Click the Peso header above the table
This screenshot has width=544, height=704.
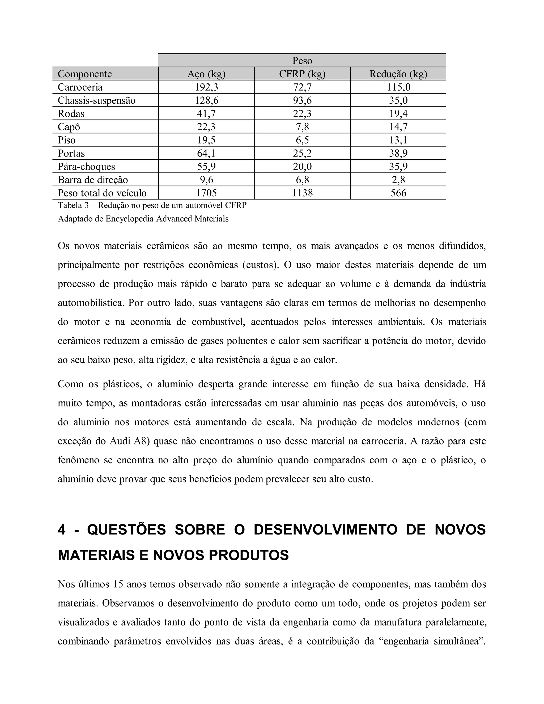[x=302, y=61]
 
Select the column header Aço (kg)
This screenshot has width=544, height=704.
[x=206, y=74]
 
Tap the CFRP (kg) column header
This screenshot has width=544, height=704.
[x=302, y=74]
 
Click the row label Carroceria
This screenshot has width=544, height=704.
[x=80, y=87]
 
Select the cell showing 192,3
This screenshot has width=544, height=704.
[x=206, y=87]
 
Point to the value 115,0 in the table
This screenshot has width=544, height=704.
[x=398, y=87]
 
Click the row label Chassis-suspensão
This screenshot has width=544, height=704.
[x=96, y=100]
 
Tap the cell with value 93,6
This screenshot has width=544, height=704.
[x=302, y=100]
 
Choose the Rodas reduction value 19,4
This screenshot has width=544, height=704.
[x=398, y=113]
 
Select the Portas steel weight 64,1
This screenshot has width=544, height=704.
[x=206, y=153]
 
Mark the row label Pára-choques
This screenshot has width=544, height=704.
[x=86, y=166]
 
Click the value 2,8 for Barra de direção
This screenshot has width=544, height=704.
[x=398, y=180]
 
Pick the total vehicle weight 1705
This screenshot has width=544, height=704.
[x=206, y=193]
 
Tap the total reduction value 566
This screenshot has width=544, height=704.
[x=398, y=193]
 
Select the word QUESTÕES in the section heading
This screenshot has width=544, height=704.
[x=126, y=530]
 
